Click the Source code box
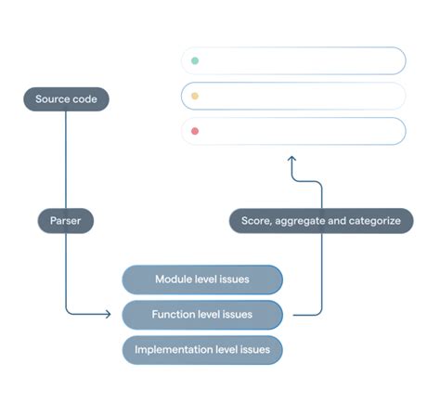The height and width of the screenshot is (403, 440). (66, 99)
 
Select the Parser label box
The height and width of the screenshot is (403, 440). (66, 221)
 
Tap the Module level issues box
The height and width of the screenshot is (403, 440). (201, 279)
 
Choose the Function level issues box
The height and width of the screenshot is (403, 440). (201, 315)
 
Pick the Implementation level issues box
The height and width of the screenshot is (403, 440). (201, 350)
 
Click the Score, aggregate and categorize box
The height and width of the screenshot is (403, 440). (321, 221)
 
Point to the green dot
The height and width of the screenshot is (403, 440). (195, 61)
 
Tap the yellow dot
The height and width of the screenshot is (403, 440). (195, 97)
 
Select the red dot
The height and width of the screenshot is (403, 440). (195, 131)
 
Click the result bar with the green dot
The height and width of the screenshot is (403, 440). (293, 61)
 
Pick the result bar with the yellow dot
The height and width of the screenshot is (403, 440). (293, 97)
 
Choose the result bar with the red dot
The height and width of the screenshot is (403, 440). (293, 131)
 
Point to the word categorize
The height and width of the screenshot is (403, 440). (371, 221)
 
